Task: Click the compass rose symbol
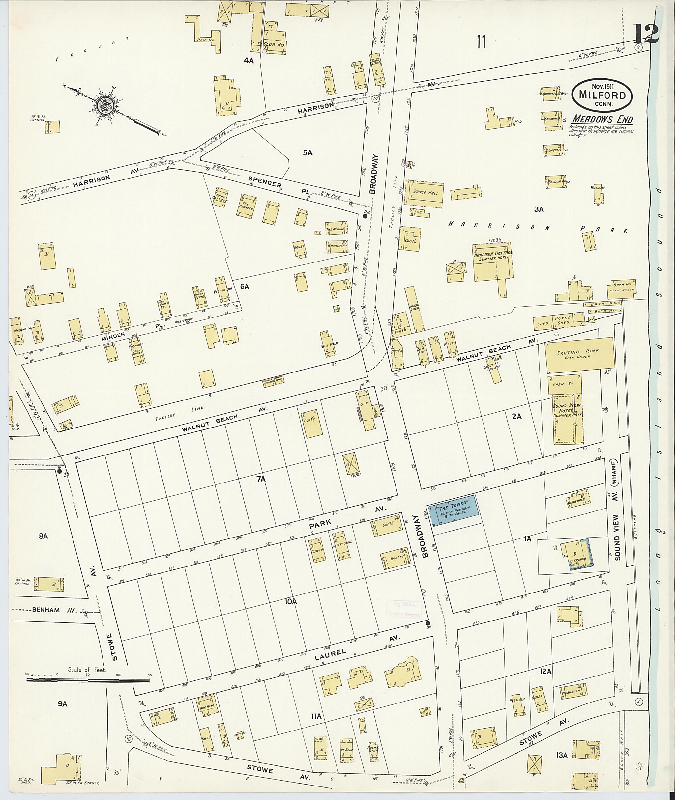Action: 107,104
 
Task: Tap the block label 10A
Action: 290,601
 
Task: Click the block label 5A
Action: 308,152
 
